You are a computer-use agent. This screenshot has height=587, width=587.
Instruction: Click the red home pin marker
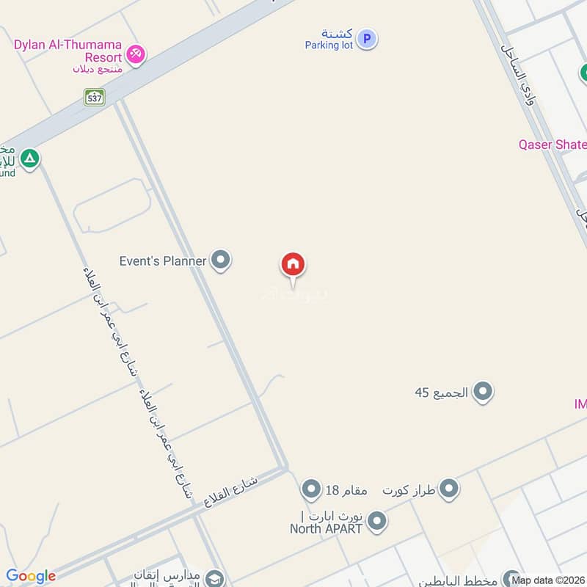(x=293, y=265)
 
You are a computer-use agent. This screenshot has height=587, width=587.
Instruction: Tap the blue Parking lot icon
(x=368, y=39)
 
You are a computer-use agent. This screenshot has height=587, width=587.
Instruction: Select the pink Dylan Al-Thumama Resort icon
(x=135, y=54)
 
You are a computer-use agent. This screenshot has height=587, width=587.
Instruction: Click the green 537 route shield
(x=94, y=97)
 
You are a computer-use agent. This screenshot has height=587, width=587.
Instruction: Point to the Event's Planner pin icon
(x=220, y=260)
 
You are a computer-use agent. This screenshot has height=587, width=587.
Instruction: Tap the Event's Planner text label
(x=163, y=260)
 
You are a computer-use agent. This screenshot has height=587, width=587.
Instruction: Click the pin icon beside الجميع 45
(x=482, y=392)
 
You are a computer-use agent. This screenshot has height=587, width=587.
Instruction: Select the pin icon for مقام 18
(x=312, y=489)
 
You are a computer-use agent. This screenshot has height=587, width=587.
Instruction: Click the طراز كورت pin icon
(x=449, y=489)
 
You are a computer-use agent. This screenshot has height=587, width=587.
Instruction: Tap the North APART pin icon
(x=376, y=522)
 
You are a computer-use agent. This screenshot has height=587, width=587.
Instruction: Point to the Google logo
(x=31, y=576)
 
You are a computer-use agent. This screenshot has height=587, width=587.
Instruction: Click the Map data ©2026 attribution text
(x=549, y=580)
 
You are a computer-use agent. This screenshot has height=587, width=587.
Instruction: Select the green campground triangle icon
(x=29, y=158)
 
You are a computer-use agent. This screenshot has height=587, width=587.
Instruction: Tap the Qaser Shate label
(x=552, y=145)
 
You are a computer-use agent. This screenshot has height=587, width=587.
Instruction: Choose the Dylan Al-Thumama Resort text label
(x=68, y=51)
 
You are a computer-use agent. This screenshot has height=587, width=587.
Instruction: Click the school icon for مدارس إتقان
(x=214, y=578)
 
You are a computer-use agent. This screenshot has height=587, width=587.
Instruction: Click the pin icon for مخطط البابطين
(x=512, y=579)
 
